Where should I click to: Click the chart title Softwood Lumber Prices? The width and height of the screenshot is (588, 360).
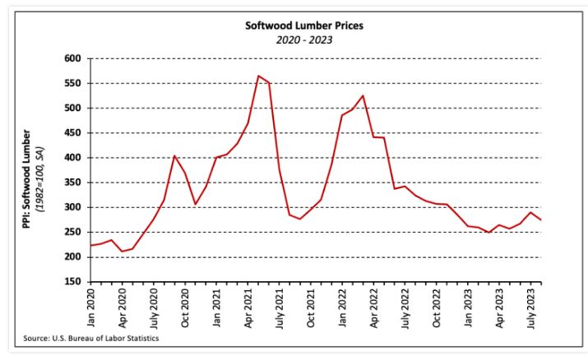click(x=304, y=25)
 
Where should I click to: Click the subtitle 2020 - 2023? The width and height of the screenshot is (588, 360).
click(x=304, y=39)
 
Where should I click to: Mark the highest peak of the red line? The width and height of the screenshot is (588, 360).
click(x=258, y=76)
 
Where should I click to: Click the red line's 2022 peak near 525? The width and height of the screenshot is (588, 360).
click(x=363, y=95)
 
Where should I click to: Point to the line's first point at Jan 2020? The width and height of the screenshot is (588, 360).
click(x=90, y=245)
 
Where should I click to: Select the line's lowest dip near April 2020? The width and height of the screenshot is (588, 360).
click(x=122, y=252)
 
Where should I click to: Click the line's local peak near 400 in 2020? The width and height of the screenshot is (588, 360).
click(x=174, y=155)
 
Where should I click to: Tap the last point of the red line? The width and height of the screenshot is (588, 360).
click(x=540, y=219)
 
